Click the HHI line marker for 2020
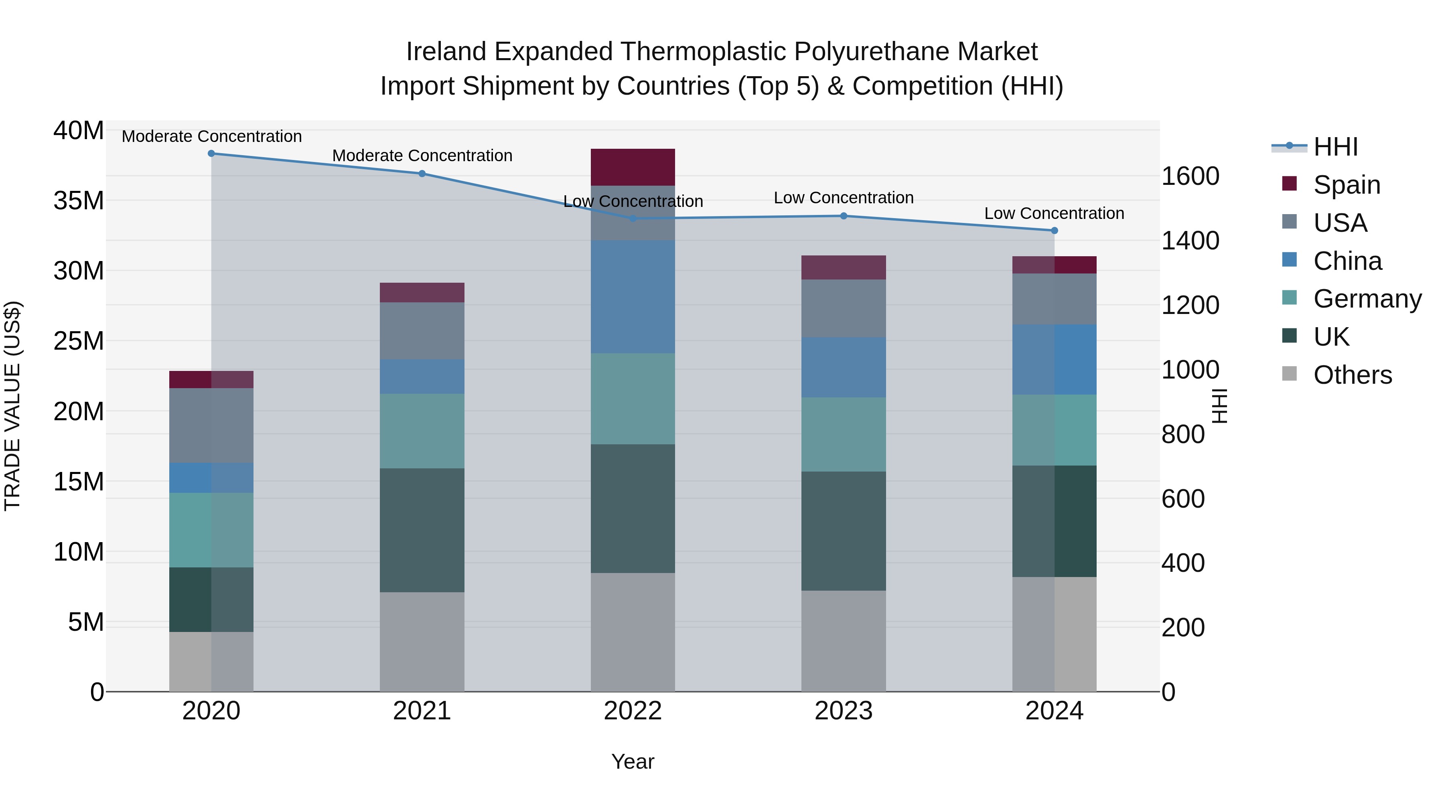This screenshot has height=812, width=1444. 211,154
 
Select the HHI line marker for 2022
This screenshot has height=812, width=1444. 633,219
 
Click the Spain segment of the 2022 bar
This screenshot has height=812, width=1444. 633,167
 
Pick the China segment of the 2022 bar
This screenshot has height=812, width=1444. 633,297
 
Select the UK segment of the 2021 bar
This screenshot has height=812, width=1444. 422,530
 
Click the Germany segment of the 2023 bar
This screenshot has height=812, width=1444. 844,434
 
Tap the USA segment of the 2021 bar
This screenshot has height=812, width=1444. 422,331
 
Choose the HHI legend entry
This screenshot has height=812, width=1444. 1335,147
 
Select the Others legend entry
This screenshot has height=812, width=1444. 1352,375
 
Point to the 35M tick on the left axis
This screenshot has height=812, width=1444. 79,200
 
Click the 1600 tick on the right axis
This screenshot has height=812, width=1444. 1190,176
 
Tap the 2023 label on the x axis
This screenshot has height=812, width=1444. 844,711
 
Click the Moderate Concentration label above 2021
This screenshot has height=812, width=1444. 422,156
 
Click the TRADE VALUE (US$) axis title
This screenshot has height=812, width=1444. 12,406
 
